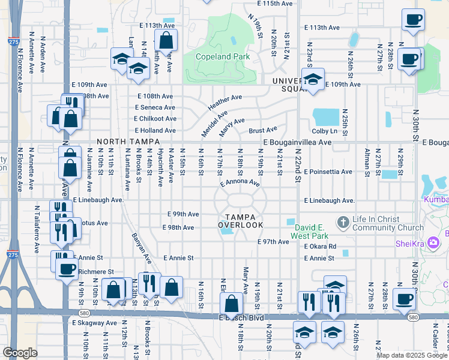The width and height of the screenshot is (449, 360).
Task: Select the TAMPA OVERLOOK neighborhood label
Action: (x=241, y=221)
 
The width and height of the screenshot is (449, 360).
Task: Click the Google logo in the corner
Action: (x=20, y=353)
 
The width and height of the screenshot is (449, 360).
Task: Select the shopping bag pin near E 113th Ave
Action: (x=166, y=41)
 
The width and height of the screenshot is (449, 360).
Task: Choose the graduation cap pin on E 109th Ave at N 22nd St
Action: (x=313, y=80)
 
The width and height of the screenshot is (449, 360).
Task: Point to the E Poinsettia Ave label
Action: (x=328, y=172)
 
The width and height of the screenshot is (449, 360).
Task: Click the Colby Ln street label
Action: (x=325, y=131)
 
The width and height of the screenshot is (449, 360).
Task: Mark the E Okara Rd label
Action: (x=319, y=247)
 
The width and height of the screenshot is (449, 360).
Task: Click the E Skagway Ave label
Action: (x=94, y=323)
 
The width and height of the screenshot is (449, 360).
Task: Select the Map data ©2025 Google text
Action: (x=412, y=355)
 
